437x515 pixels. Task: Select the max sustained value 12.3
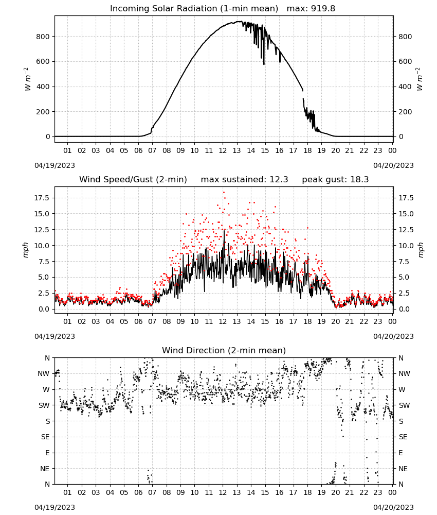279,180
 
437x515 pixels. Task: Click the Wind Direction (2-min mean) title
224,350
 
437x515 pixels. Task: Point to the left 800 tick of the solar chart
43,37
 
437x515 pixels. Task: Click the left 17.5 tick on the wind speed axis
42,198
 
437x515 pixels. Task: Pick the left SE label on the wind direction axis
45,437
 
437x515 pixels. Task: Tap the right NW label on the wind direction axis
404,373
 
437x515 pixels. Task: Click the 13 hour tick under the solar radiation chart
236,150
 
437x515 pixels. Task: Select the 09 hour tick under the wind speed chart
180,321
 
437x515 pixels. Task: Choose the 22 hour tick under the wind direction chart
363,492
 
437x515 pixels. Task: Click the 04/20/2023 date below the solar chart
393,165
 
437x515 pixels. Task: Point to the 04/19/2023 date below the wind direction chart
54,507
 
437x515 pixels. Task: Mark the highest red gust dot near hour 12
224,193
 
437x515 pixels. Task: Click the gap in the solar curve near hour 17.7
303,95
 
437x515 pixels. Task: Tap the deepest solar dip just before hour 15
264,64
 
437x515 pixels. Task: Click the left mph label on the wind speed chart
26,250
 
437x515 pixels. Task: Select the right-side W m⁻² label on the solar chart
420,79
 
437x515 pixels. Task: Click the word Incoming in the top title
126,9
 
